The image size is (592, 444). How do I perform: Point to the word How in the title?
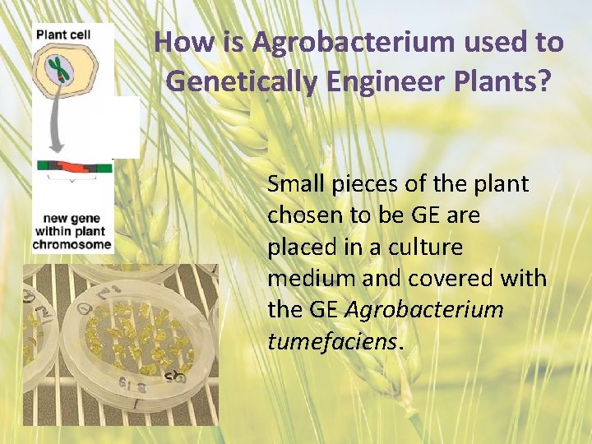(x=176, y=42)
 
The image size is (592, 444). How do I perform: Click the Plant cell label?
(x=62, y=34)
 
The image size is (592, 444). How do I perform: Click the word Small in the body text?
(x=296, y=184)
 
